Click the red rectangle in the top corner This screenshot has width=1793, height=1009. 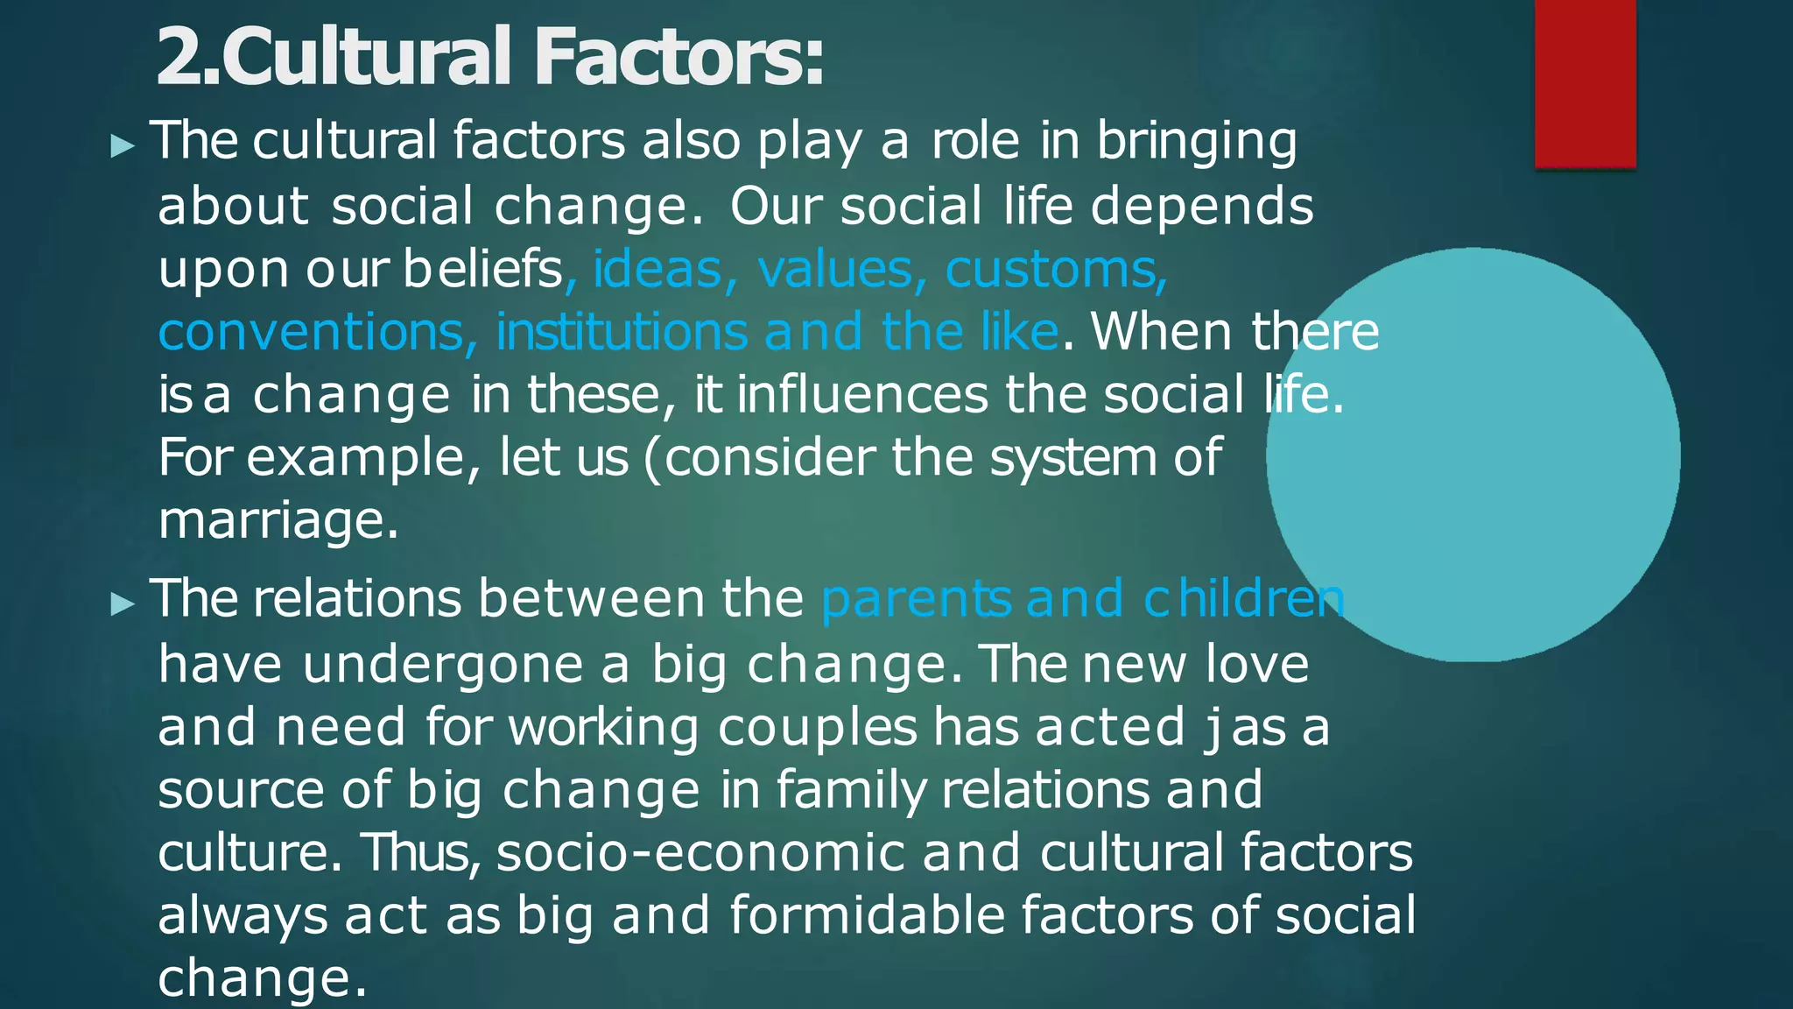tap(1585, 83)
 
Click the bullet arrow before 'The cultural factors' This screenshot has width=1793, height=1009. tap(123, 145)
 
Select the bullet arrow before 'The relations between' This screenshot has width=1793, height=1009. tap(123, 603)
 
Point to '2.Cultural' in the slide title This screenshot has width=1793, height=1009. tap(334, 58)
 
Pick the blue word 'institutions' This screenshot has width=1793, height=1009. tap(622, 332)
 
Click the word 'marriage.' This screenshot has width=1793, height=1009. tap(278, 521)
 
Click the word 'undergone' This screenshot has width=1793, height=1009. tap(443, 665)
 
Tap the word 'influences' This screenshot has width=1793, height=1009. tap(862, 395)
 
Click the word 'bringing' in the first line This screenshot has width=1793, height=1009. tap(1197, 142)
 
